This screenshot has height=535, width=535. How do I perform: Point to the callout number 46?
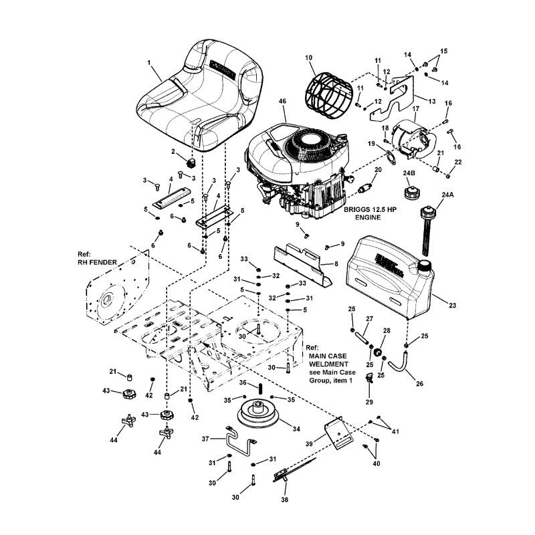(282, 101)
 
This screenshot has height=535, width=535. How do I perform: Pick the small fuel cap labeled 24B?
(411, 193)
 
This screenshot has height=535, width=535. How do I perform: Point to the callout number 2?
(173, 151)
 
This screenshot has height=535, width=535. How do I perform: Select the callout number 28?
(387, 330)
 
